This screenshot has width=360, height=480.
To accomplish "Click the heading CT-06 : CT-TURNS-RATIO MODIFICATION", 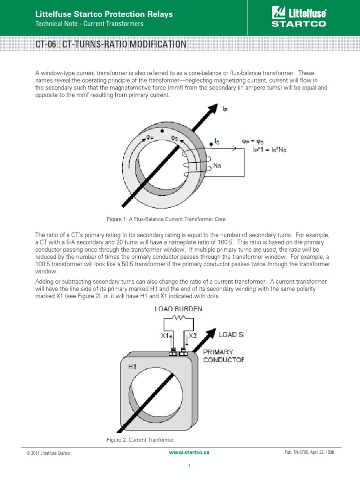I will pyautogui.click(x=111, y=45).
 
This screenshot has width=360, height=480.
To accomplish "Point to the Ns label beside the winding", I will pyautogui.click(x=217, y=167).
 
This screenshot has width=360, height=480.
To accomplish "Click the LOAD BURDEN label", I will pyautogui.click(x=176, y=309).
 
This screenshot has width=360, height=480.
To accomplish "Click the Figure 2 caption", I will pyautogui.click(x=141, y=440).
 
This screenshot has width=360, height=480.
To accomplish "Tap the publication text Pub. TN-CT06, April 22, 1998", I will pyautogui.click(x=309, y=453).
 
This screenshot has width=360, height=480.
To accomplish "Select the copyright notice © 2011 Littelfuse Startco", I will pyautogui.click(x=49, y=453).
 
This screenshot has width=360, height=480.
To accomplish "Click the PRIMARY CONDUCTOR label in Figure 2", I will pyautogui.click(x=223, y=356).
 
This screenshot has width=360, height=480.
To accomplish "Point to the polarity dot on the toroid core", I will pyautogui.click(x=162, y=130).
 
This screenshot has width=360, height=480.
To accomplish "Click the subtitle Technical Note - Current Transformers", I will pyautogui.click(x=90, y=24).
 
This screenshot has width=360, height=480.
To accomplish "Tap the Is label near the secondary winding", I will pyautogui.click(x=217, y=141).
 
